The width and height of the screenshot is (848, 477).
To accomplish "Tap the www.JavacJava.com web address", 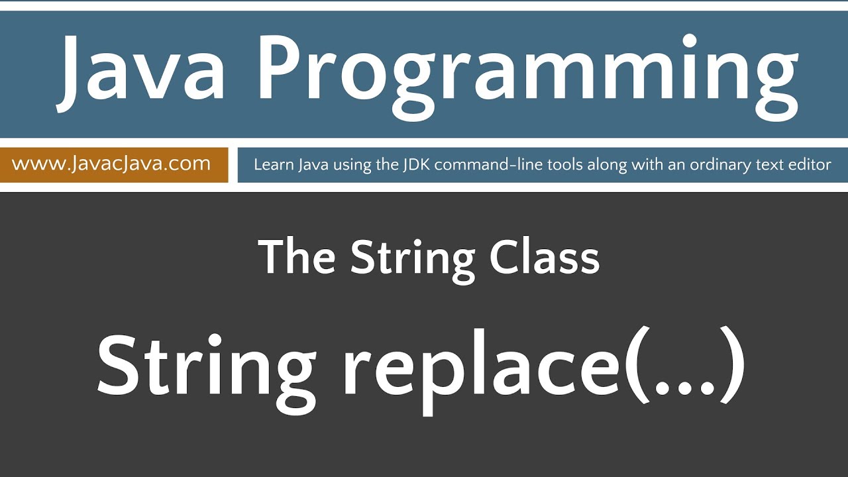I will pyautogui.click(x=111, y=163).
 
